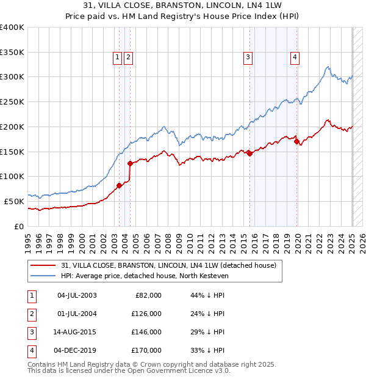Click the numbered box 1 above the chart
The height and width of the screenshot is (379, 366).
[x=117, y=57]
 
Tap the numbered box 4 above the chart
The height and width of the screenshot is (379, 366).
[x=295, y=57]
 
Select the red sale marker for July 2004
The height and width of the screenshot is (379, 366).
[x=130, y=163]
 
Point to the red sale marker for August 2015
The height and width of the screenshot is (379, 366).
[x=250, y=153]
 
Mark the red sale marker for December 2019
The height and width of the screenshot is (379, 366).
[x=296, y=141]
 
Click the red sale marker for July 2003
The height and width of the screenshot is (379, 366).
[x=120, y=185]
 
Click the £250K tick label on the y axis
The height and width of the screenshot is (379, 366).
[x=12, y=101]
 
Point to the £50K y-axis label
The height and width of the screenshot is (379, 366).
[x=15, y=201]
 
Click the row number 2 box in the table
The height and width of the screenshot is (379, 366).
[x=31, y=314]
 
